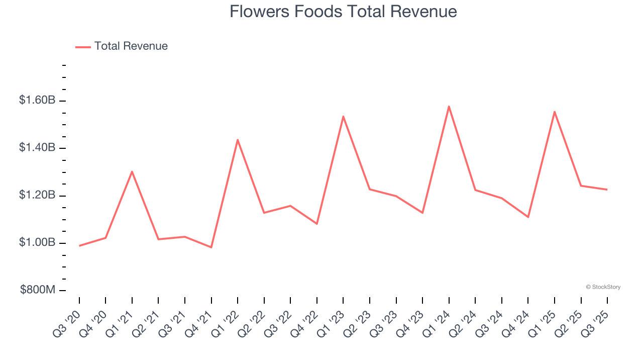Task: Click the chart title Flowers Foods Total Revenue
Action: pyautogui.click(x=343, y=12)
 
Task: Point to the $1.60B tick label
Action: pyautogui.click(x=37, y=101)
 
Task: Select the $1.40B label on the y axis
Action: pyautogui.click(x=37, y=148)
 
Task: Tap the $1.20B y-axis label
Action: pyautogui.click(x=37, y=195)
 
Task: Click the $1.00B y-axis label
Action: pyautogui.click(x=37, y=243)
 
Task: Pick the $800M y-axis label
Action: pyautogui.click(x=38, y=290)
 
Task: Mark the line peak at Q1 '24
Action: pyautogui.click(x=449, y=106)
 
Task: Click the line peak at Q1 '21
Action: pyautogui.click(x=132, y=171)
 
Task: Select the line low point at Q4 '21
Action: pyautogui.click(x=211, y=247)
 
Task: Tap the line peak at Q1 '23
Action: pyautogui.click(x=343, y=116)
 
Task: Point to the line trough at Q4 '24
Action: pyautogui.click(x=528, y=217)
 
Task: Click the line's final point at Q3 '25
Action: pyautogui.click(x=607, y=190)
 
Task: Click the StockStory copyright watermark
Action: pyautogui.click(x=603, y=287)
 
